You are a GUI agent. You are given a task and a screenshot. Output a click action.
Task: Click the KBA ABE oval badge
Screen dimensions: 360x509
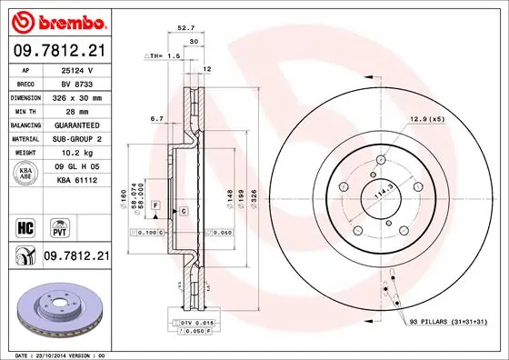(x=26, y=174)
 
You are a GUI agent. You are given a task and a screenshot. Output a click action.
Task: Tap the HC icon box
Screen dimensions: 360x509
(x=26, y=225)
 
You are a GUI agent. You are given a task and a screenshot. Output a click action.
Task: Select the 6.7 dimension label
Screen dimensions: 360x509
(x=155, y=119)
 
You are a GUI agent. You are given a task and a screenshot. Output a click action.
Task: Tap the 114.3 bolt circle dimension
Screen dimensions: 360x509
(x=382, y=193)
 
